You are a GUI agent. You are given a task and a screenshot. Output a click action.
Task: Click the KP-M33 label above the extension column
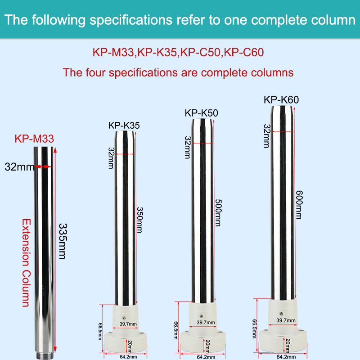pos(34,138)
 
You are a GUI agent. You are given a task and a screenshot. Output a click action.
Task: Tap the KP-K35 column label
pos(124,126)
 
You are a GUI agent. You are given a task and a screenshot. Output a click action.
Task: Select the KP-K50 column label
pos(202,113)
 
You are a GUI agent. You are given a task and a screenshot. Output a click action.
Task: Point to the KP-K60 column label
pos(281,100)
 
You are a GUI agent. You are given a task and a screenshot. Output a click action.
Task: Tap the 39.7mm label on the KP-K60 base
pos(286,320)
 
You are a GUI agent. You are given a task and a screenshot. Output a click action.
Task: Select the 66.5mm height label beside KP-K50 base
pos(176,331)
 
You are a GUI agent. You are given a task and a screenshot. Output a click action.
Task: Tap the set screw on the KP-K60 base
pos(281,313)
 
